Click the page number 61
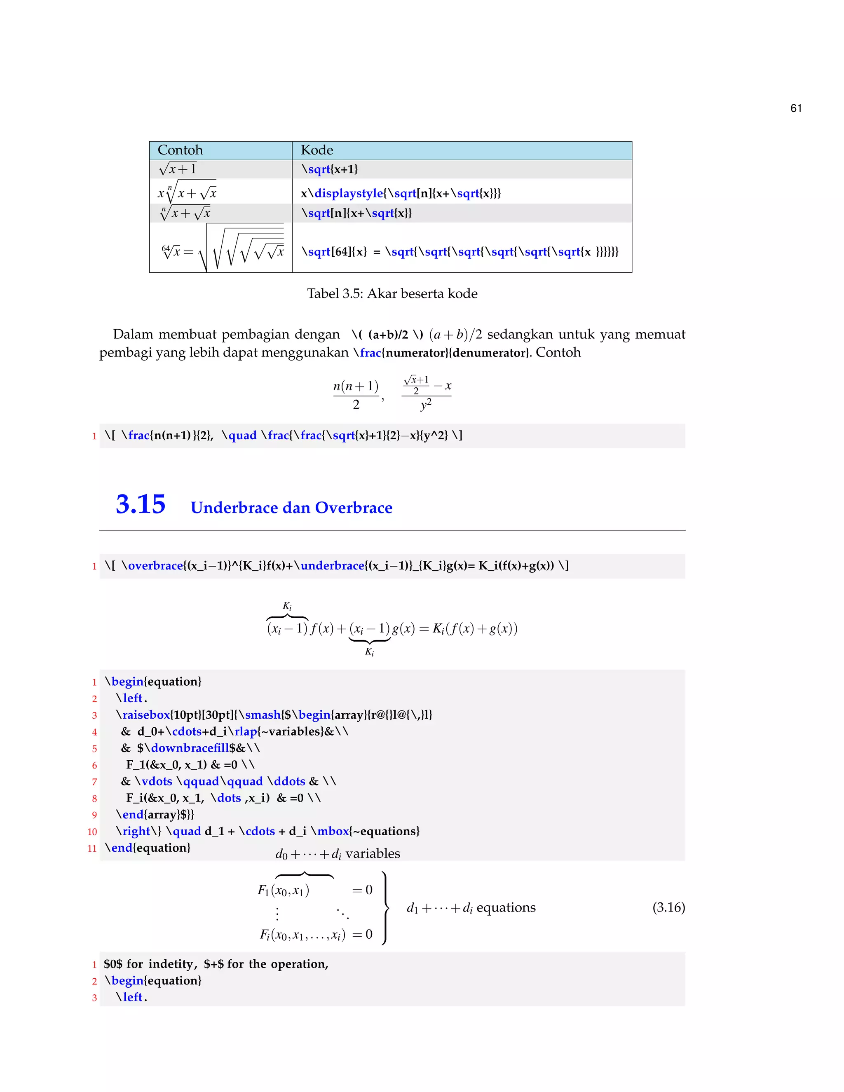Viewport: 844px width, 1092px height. [796, 108]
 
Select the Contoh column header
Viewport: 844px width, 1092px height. [180, 150]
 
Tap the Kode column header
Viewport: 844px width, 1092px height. [316, 150]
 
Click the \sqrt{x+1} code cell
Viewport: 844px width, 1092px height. [330, 169]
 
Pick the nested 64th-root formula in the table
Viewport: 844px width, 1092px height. [223, 248]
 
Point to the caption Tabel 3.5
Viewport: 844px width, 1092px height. [392, 293]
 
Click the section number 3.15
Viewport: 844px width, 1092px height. [141, 504]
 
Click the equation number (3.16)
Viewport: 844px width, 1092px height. [668, 907]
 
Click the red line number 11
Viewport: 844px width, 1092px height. [92, 848]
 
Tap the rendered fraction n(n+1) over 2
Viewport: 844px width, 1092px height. [356, 394]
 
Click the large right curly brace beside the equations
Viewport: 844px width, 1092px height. [385, 908]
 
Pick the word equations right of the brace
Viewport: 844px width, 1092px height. [506, 907]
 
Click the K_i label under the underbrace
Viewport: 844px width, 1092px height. [370, 651]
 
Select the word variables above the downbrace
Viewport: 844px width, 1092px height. [373, 853]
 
